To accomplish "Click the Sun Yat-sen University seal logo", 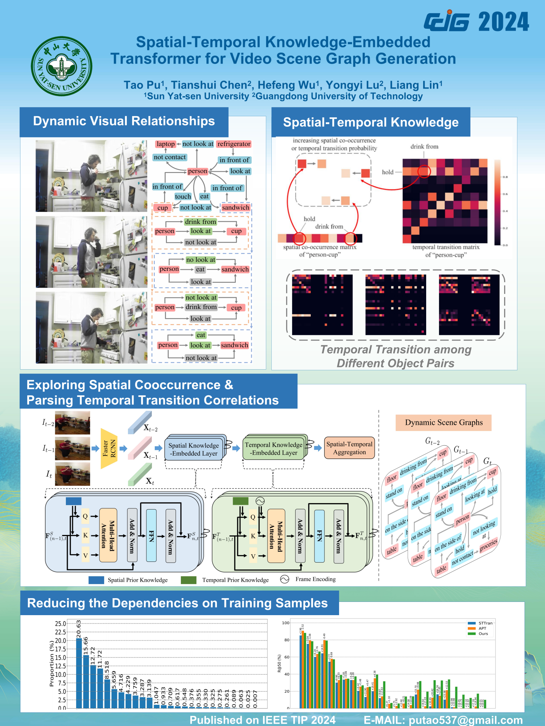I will (x=62, y=66).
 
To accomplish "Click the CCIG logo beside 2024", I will (x=447, y=22).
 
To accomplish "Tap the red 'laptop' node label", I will (x=166, y=144).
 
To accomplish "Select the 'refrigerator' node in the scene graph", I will (x=234, y=144).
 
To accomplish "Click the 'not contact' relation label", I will (x=170, y=157).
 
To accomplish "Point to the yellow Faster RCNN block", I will (x=108, y=448).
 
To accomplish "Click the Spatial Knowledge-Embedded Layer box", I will (x=194, y=449).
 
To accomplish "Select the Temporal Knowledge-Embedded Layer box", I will (x=273, y=449).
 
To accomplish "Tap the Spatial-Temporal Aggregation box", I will (x=349, y=448).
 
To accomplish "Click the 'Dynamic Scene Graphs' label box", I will (x=444, y=423).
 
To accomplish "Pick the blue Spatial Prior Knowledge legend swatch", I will (x=96, y=580).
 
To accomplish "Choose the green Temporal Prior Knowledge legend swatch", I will (x=188, y=580).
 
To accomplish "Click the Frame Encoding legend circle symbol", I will (x=285, y=579).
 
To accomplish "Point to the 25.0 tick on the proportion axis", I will (x=61, y=623).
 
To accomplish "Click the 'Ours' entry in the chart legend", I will (x=483, y=634).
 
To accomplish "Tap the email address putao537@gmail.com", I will (x=466, y=720).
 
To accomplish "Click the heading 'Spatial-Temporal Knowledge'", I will (x=371, y=123).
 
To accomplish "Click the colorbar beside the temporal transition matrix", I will (x=497, y=202).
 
